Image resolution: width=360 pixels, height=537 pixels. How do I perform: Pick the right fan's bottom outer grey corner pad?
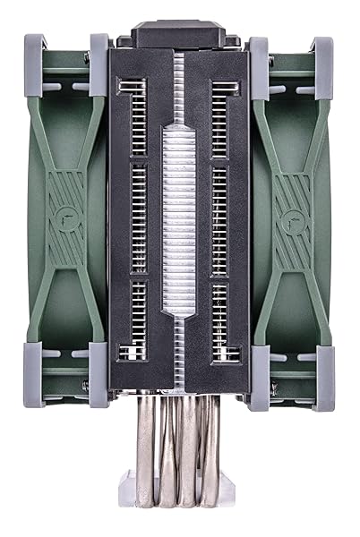(325, 367)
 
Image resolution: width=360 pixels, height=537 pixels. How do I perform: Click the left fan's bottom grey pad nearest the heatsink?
(99, 367)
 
